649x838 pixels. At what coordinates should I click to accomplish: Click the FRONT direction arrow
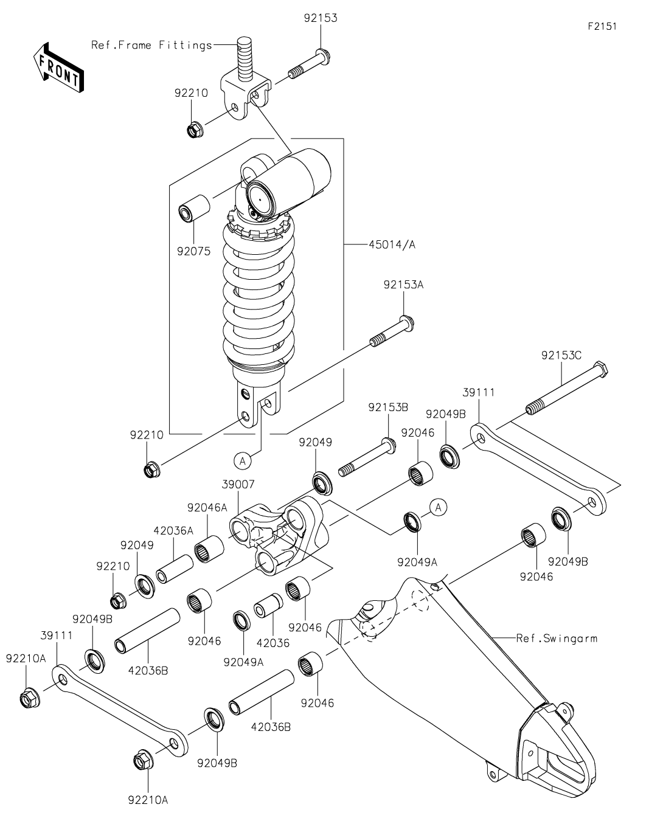(58, 67)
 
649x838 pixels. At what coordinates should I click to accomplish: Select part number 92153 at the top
(321, 18)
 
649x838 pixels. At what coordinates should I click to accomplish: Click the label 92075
(194, 251)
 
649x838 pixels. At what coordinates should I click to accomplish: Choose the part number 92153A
(403, 285)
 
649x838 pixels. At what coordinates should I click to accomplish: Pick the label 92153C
(561, 355)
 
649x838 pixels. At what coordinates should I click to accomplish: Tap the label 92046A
(207, 508)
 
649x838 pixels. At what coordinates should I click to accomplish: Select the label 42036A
(173, 530)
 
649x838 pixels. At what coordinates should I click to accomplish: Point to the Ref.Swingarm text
(557, 639)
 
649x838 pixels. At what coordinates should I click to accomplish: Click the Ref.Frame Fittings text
(151, 45)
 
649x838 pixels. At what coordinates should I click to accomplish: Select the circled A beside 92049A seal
(438, 506)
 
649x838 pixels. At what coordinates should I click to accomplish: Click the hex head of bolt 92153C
(601, 369)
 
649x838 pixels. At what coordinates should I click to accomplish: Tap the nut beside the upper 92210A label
(29, 699)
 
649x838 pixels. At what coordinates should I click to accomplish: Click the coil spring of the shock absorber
(259, 292)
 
